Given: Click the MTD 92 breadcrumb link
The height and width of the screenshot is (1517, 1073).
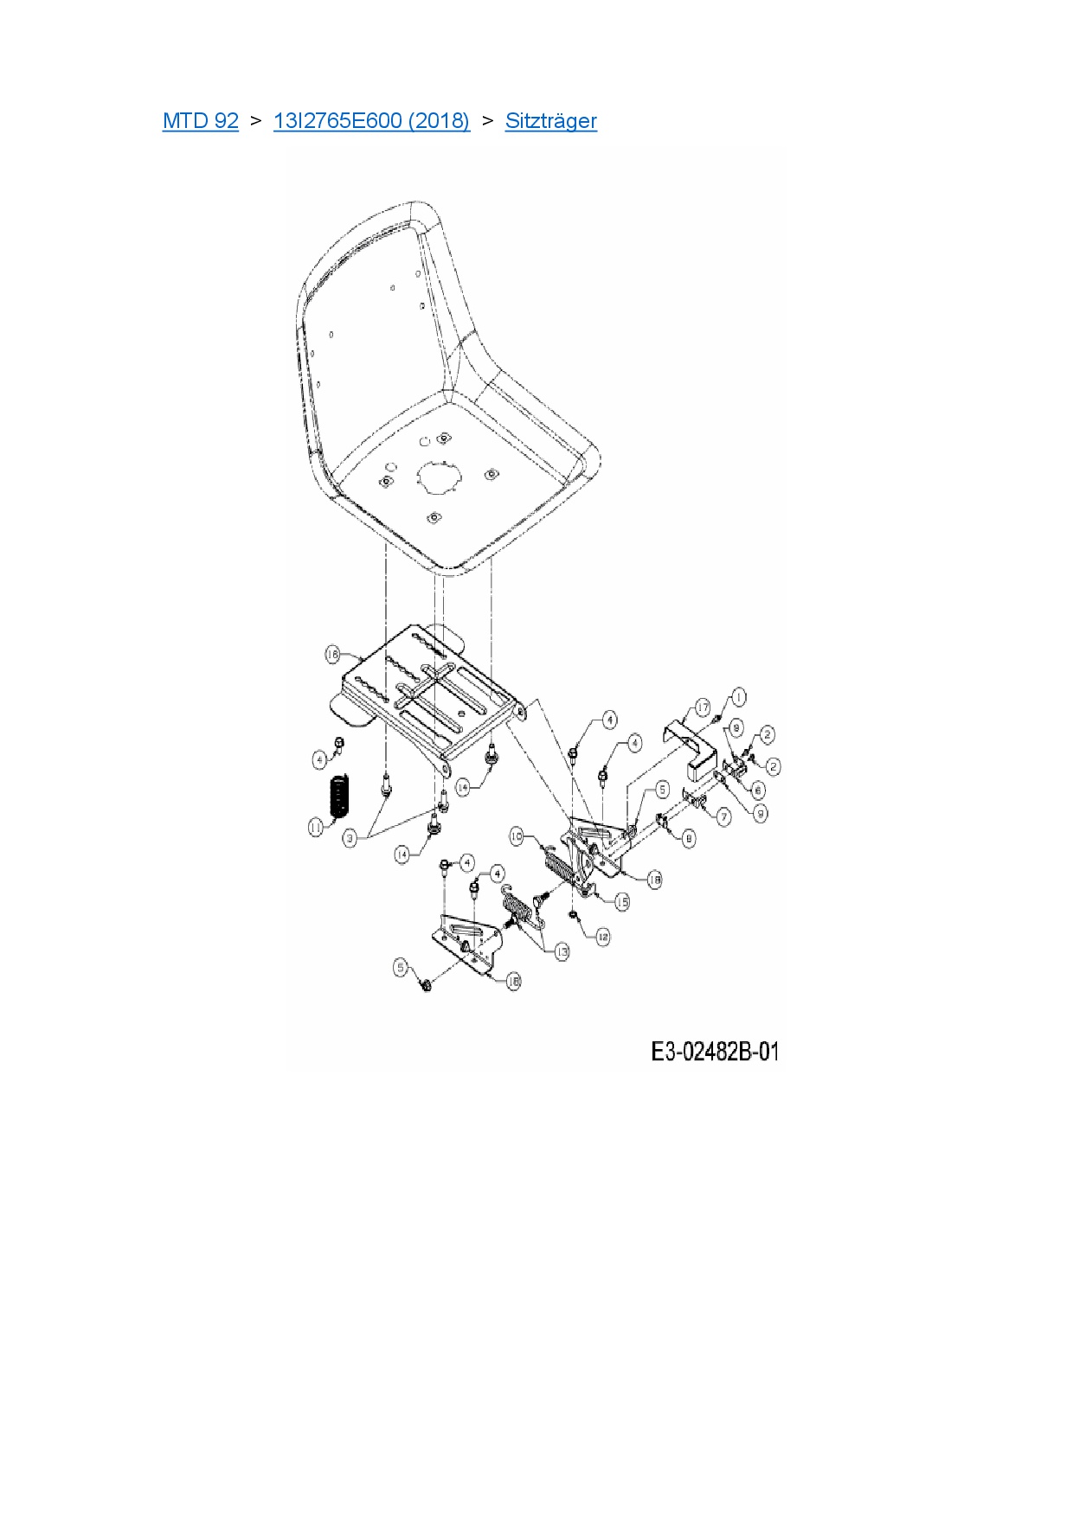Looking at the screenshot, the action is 200,121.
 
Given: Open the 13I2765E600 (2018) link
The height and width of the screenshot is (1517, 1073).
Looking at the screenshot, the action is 371,121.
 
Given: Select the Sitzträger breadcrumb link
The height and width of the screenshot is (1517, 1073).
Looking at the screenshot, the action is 550,121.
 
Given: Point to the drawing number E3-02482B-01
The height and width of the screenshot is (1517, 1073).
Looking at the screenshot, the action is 714,1052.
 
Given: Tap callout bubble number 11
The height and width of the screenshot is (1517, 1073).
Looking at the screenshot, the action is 316,828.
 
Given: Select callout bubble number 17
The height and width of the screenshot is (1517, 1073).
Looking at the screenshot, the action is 702,708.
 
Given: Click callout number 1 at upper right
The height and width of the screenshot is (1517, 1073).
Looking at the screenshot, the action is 737,696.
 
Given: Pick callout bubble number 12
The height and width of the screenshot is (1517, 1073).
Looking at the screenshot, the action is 602,937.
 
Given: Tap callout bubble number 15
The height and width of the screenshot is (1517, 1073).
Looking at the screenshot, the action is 621,901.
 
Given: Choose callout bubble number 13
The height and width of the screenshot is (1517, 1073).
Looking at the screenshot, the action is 562,951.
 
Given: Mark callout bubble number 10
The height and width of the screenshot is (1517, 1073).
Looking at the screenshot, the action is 517,836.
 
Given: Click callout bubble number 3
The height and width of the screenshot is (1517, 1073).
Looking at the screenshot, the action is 350,838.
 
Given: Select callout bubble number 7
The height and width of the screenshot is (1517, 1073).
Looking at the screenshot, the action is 723,816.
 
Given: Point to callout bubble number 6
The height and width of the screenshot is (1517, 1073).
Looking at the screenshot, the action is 758,790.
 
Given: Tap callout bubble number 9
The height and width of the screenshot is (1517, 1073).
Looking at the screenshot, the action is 760,813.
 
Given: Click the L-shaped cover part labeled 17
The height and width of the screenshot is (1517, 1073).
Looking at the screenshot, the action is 692,744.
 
